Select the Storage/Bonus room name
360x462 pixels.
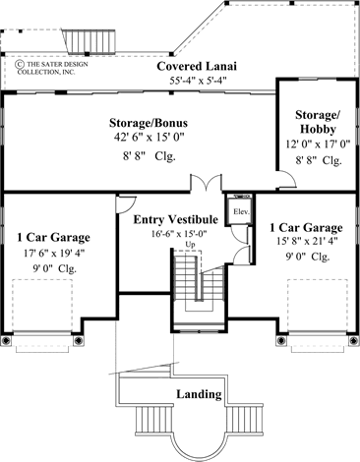pyautogui.click(x=150, y=124)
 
